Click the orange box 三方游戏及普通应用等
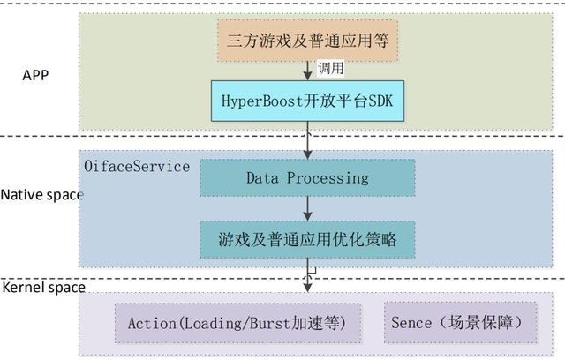pos(306,40)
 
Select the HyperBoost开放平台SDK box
pos(306,102)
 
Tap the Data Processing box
pos(306,178)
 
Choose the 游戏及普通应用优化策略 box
pos(306,239)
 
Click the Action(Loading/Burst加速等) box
pos(238,323)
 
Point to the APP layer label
pos(34,74)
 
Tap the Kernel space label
pos(43,288)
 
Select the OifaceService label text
pos(136,165)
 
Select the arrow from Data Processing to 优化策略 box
pos(307,208)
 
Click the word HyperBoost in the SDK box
pos(266,102)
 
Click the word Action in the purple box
pos(152,323)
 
